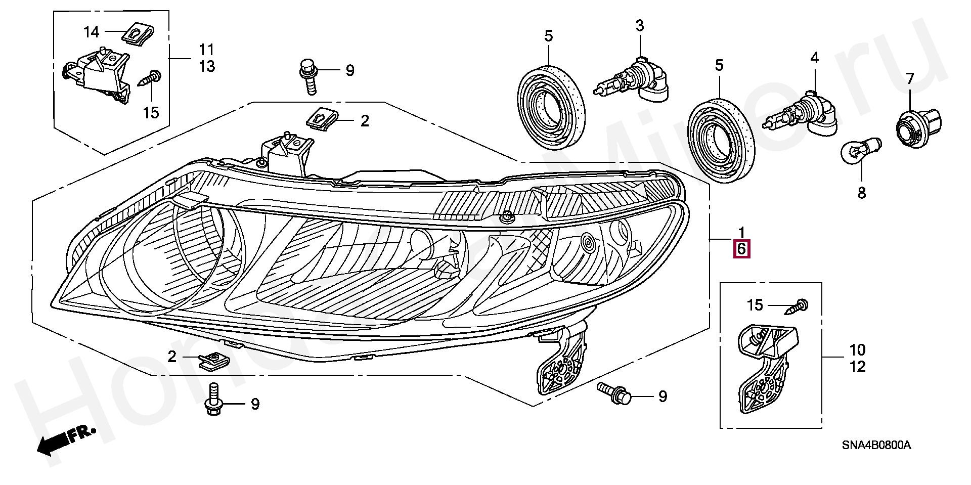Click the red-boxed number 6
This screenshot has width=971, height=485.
(741, 249)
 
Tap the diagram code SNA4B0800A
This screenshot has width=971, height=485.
(876, 446)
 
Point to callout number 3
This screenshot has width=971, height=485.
(640, 26)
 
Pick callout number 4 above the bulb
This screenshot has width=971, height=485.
(814, 58)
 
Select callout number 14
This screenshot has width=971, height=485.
(92, 32)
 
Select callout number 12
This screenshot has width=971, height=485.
(858, 367)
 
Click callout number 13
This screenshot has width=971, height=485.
(207, 66)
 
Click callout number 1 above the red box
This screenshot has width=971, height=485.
(741, 233)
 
